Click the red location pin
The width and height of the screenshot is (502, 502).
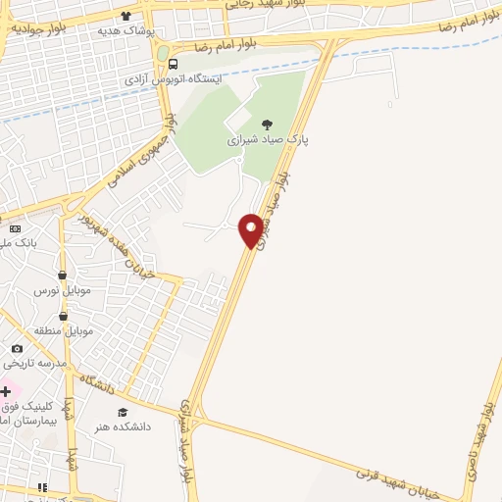[251, 229]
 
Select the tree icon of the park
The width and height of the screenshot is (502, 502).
[268, 124]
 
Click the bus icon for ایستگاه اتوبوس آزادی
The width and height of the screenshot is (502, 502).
[174, 65]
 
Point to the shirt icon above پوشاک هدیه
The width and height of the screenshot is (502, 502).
[125, 16]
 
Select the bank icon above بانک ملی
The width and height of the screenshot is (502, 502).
[15, 228]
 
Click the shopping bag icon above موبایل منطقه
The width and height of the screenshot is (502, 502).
[64, 316]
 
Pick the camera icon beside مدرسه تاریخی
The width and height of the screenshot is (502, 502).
[17, 348]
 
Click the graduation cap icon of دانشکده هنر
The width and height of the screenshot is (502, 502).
[123, 413]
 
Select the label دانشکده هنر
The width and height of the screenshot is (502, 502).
[116, 427]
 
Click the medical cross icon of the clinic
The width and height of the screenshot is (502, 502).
[7, 391]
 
